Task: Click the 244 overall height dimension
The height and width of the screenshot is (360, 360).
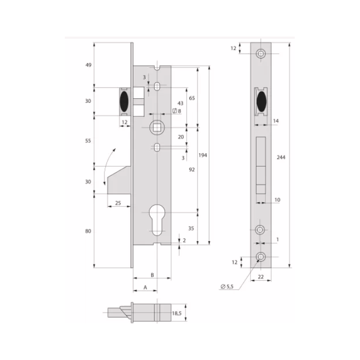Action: [x=281, y=157]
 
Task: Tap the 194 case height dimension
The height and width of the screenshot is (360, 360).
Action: [x=203, y=155]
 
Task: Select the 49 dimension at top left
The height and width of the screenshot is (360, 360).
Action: [x=88, y=65]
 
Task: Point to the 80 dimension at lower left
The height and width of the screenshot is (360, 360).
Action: [x=88, y=231]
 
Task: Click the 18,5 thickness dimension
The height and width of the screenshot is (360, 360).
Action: [x=177, y=313]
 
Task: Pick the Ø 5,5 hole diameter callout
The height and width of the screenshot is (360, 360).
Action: [x=227, y=286]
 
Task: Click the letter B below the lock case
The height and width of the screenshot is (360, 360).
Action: [x=152, y=275]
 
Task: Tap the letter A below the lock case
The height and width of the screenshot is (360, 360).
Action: [x=145, y=287]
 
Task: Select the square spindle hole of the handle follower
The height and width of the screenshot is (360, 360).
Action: [x=157, y=128]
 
